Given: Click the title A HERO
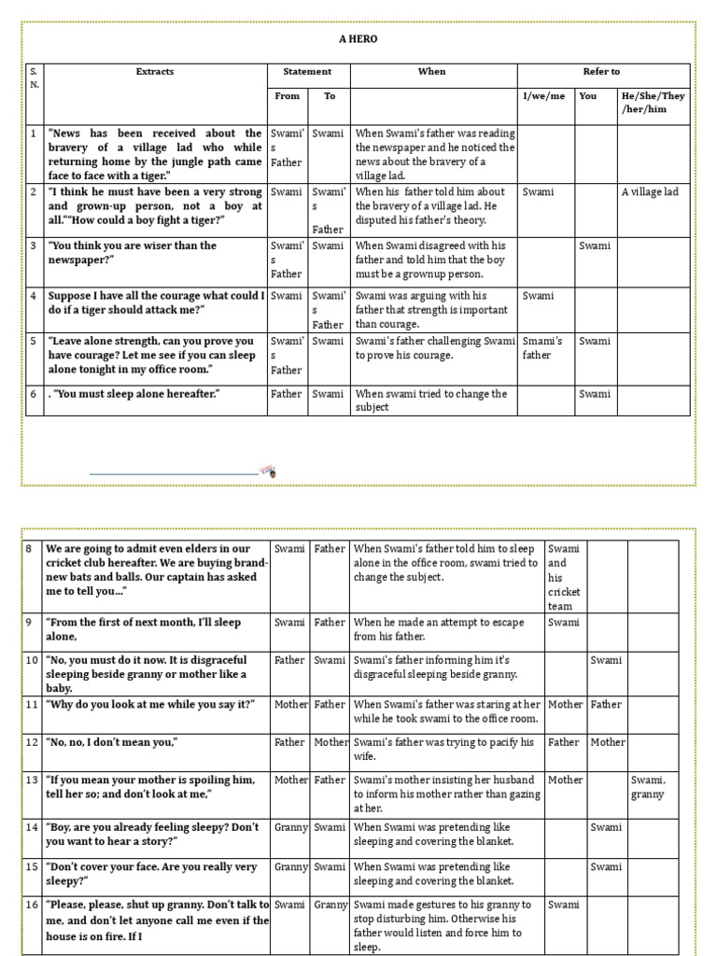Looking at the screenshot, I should tap(358, 39).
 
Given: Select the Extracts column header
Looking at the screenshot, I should tap(155, 71).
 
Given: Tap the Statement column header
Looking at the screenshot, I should tap(307, 71).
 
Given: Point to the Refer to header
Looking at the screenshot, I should tap(601, 71).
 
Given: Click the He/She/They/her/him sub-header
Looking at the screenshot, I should tap(653, 102).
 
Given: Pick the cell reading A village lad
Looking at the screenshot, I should tap(650, 192).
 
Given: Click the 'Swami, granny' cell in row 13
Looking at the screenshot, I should tap(648, 787).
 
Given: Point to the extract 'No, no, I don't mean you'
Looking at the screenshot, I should tap(113, 742).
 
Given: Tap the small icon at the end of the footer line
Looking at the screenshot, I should tap(267, 471).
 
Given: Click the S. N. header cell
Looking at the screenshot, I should tap(34, 77).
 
